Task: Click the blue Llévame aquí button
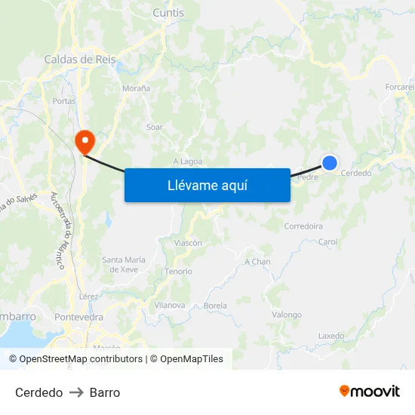(x=207, y=185)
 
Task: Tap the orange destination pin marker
(x=84, y=140)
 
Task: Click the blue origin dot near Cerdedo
(x=330, y=162)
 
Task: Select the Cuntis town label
(x=168, y=13)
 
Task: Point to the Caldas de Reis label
(x=79, y=59)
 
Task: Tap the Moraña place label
(x=137, y=88)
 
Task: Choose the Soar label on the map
(x=155, y=127)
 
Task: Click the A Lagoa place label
(x=187, y=161)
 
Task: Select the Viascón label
(x=188, y=243)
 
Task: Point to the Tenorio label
(x=178, y=272)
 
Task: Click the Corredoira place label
(x=303, y=226)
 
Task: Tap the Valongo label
(x=287, y=315)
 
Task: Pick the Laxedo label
(x=331, y=336)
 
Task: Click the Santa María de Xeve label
(x=124, y=264)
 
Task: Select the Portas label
(x=63, y=100)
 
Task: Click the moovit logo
(x=370, y=391)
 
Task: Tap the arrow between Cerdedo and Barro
(x=76, y=392)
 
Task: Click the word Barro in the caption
(x=105, y=392)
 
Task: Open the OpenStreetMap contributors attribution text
(x=81, y=359)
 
